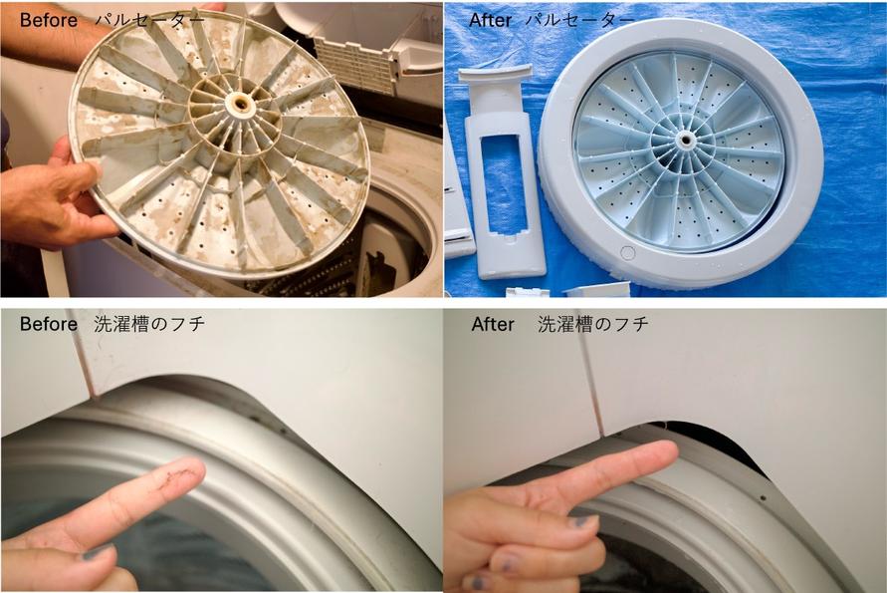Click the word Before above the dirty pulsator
[x=48, y=20]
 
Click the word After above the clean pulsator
[x=491, y=20]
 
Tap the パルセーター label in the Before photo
[x=150, y=20]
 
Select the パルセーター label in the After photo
[x=579, y=20]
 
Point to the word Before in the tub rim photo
[x=48, y=324]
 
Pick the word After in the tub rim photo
[x=493, y=324]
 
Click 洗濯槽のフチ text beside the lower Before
[x=149, y=324]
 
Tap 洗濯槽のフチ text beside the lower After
[x=593, y=324]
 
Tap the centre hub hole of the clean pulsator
[x=686, y=138]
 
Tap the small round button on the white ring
[x=627, y=253]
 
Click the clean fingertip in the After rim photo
[x=661, y=454]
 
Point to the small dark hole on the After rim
[x=764, y=499]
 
